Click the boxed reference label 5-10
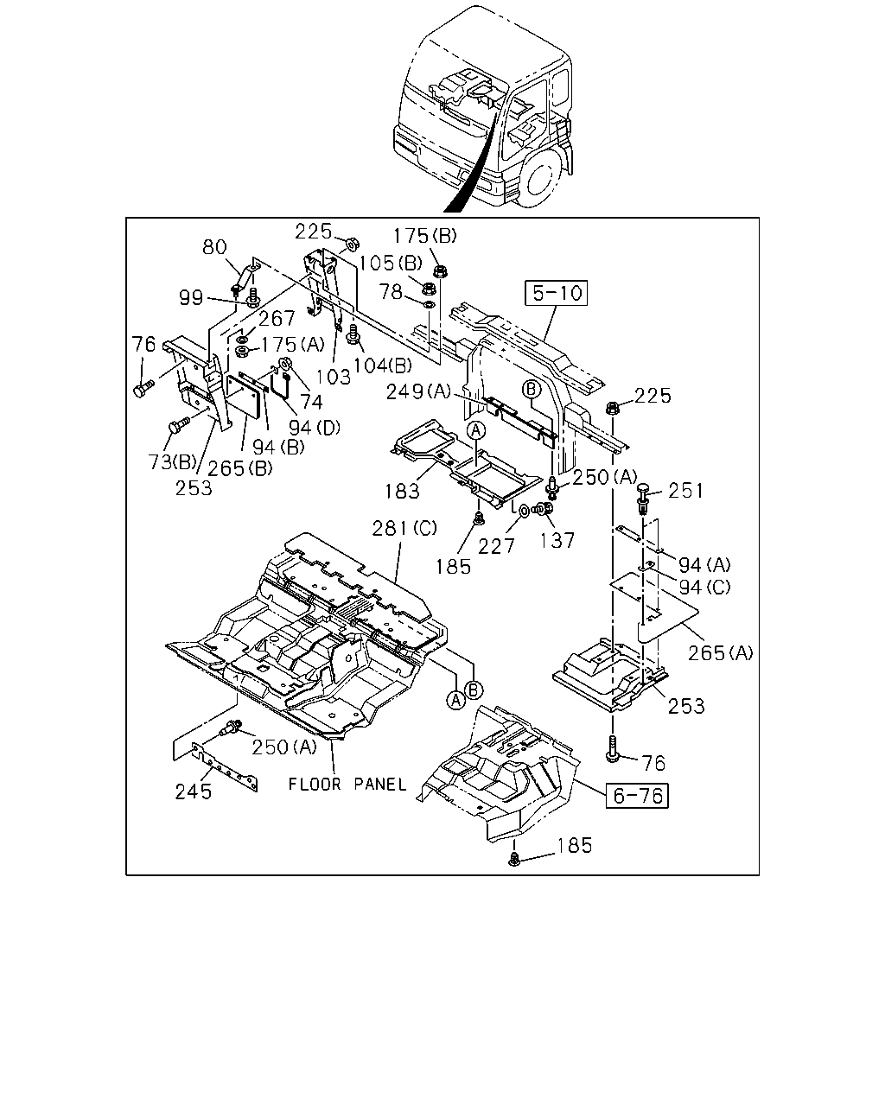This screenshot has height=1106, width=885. pyautogui.click(x=556, y=294)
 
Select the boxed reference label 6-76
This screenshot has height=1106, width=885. pyautogui.click(x=637, y=796)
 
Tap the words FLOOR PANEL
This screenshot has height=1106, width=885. pyautogui.click(x=347, y=785)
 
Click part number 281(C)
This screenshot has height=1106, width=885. pyautogui.click(x=404, y=528)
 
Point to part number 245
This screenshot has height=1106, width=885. pyautogui.click(x=194, y=792)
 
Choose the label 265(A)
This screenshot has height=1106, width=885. pyautogui.click(x=721, y=653)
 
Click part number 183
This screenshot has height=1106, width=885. pyautogui.click(x=403, y=492)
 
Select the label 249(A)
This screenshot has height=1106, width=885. pyautogui.click(x=418, y=392)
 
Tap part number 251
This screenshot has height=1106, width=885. pyautogui.click(x=685, y=491)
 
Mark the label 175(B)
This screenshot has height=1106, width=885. pyautogui.click(x=425, y=236)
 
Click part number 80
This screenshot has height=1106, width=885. pyautogui.click(x=214, y=247)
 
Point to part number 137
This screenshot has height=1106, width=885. pyautogui.click(x=557, y=540)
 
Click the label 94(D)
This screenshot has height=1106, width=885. pyautogui.click(x=315, y=427)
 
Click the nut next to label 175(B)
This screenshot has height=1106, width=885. pyautogui.click(x=440, y=270)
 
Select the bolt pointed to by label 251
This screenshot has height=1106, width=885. pyautogui.click(x=643, y=498)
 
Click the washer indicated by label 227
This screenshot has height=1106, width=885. pyautogui.click(x=524, y=511)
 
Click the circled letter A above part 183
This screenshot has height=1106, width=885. pyautogui.click(x=476, y=429)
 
